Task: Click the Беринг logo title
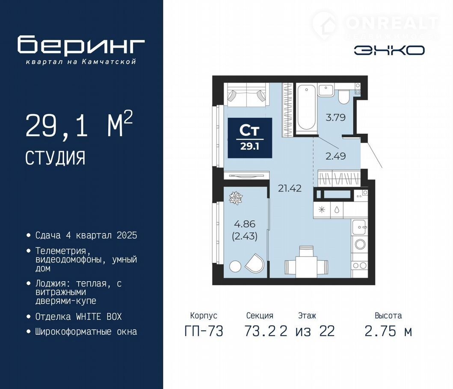(81, 45)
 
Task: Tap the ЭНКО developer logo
(389, 50)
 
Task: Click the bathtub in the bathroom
(306, 107)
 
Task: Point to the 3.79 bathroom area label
(335, 118)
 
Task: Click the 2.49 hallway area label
(335, 156)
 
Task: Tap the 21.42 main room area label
(290, 189)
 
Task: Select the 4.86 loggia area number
(245, 224)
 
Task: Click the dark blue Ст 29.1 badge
(250, 138)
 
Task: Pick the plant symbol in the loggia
(236, 198)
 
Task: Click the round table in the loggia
(235, 266)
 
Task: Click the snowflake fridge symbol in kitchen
(322, 209)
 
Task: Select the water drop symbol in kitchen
(337, 209)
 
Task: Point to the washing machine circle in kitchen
(360, 245)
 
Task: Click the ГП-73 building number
(204, 331)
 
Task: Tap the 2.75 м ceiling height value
(388, 331)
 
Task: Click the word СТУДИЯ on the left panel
(55, 158)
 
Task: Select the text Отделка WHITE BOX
(79, 317)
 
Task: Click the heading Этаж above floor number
(307, 315)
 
